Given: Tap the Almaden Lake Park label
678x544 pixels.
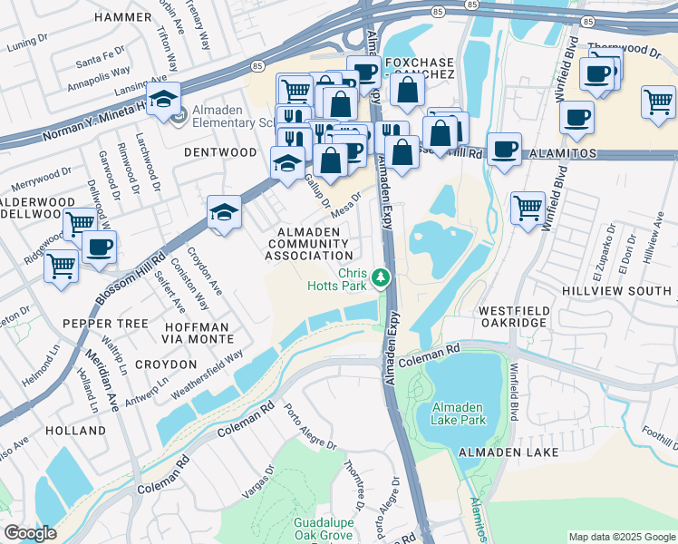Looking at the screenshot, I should point(459,413).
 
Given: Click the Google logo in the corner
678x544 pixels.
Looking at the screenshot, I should point(30,533).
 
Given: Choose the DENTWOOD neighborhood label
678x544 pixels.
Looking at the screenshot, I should point(220,152).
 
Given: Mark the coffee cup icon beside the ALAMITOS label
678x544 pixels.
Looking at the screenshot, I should point(504,149).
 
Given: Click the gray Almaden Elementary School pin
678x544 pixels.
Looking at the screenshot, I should point(178,115).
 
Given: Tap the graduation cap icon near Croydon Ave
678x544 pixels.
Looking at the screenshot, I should point(224,213).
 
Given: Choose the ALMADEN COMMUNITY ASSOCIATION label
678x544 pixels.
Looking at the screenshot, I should point(308,244).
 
